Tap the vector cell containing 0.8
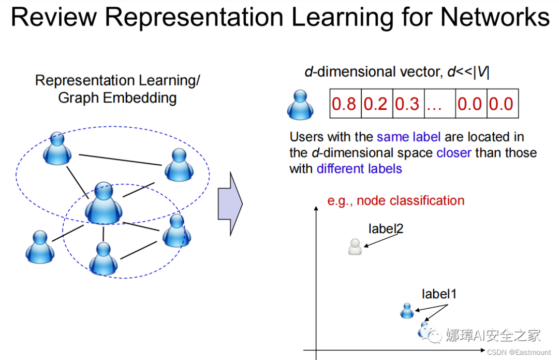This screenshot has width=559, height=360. point(344,104)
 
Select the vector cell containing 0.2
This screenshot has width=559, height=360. point(376,104)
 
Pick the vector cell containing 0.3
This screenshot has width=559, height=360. point(407,104)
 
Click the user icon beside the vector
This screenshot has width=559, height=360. point(301,104)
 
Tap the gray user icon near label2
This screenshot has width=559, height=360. point(355,247)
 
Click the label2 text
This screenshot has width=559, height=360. point(386,228)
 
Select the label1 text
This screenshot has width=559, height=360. point(439,294)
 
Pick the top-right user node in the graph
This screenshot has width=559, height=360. point(179,164)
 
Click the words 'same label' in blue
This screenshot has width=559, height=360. point(409,137)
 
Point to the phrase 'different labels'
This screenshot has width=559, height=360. point(359,168)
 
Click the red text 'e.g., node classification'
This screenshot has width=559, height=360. point(396,200)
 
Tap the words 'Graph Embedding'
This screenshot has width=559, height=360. point(117,97)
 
